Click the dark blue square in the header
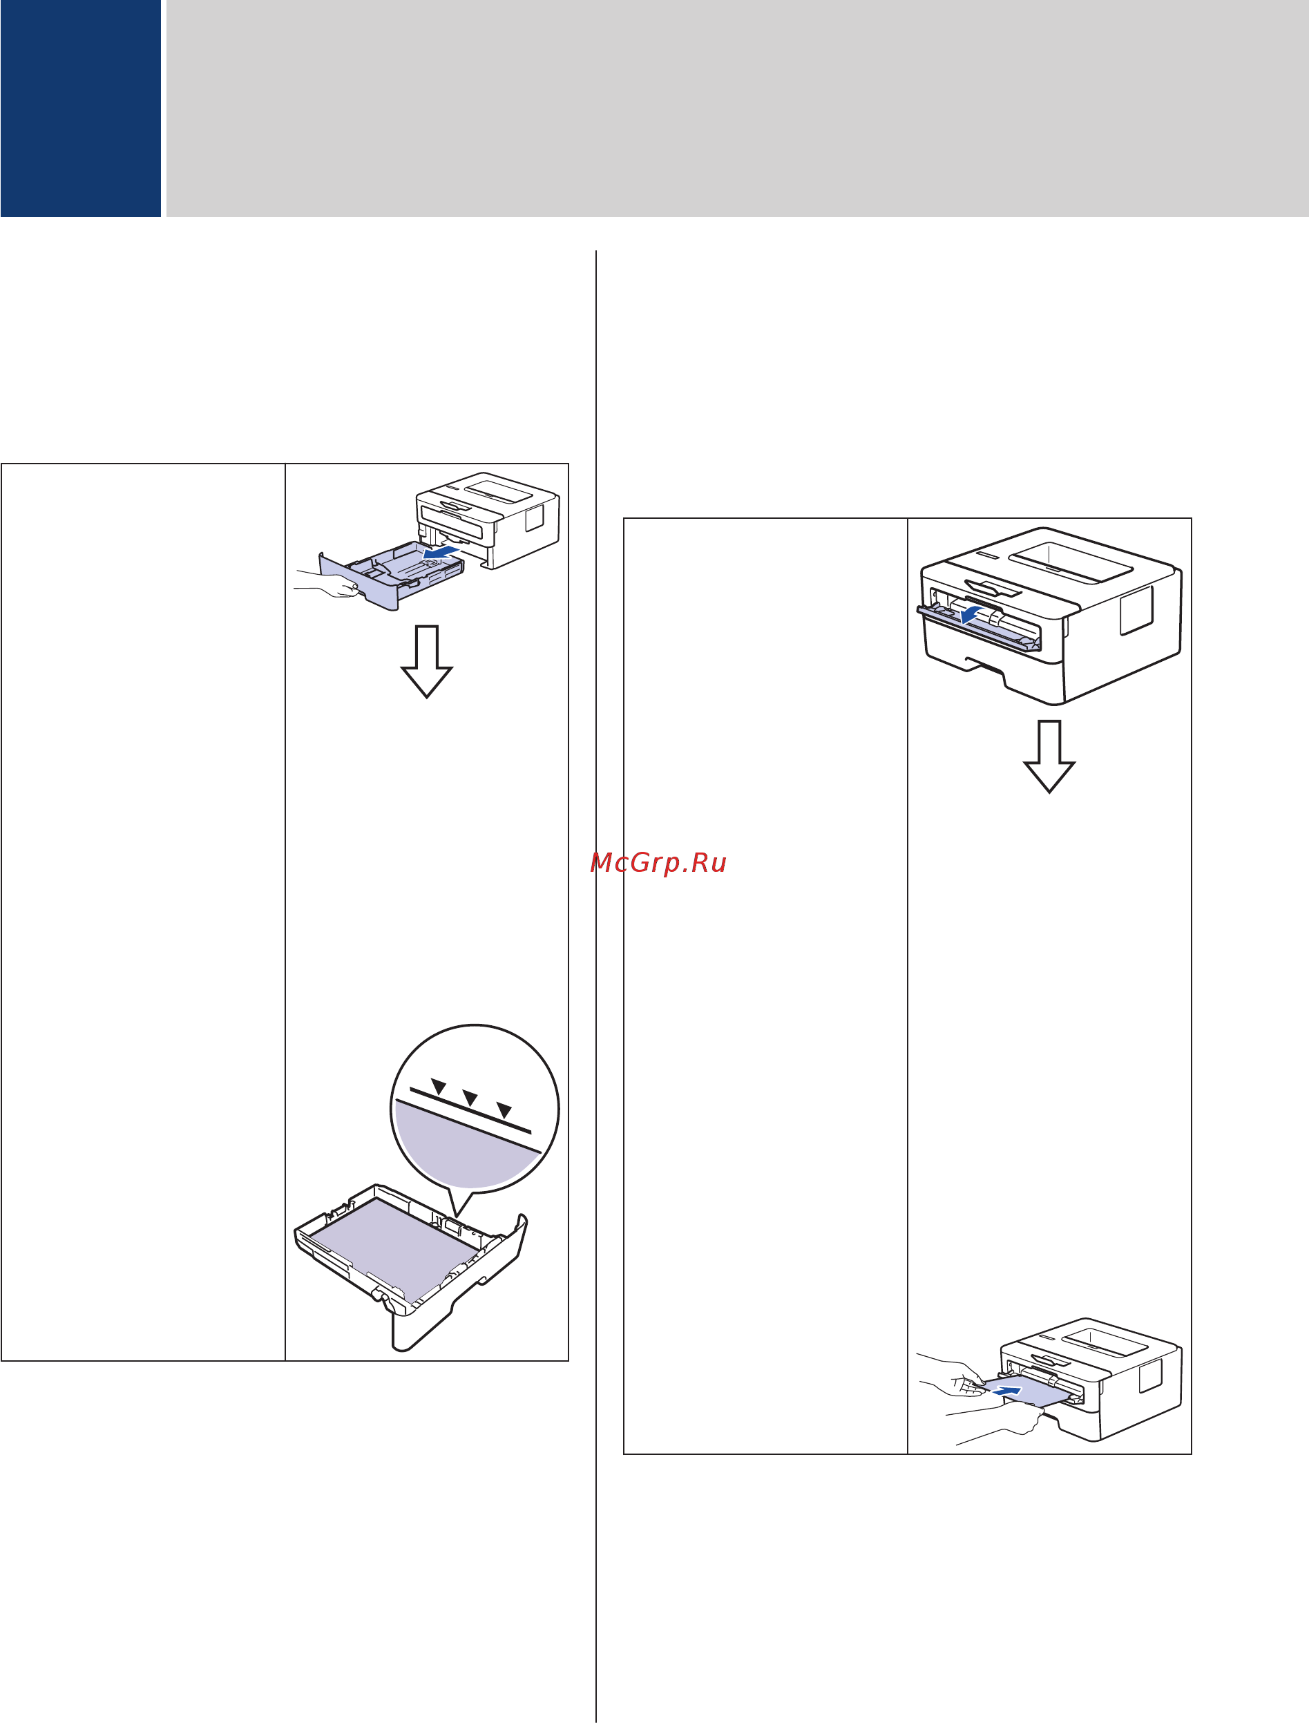[80, 108]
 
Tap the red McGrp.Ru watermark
[658, 863]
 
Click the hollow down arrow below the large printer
[1049, 756]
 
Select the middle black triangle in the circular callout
[470, 1098]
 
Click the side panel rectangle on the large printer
[1136, 609]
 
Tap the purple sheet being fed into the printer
[1021, 1391]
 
